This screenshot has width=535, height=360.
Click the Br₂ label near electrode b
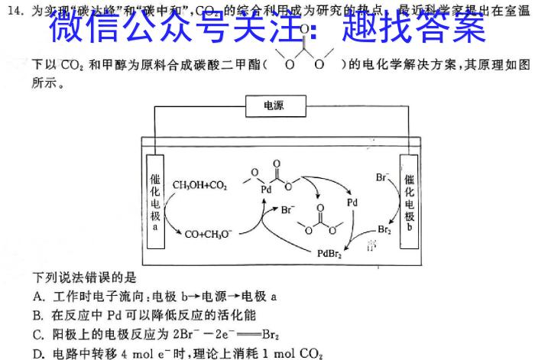pos(386,229)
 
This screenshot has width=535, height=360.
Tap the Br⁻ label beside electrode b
pos(383,177)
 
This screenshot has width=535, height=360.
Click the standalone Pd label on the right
pos(352,203)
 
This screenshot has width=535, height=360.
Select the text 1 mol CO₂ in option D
pos(295,352)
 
